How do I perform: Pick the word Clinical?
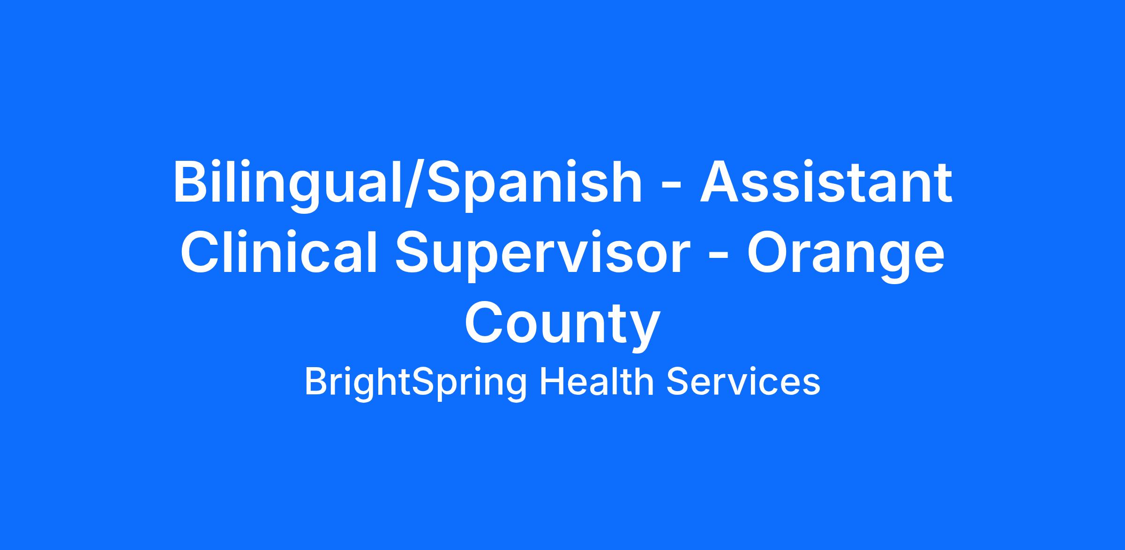(x=279, y=253)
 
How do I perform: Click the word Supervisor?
(x=542, y=256)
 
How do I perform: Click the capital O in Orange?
(x=769, y=251)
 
